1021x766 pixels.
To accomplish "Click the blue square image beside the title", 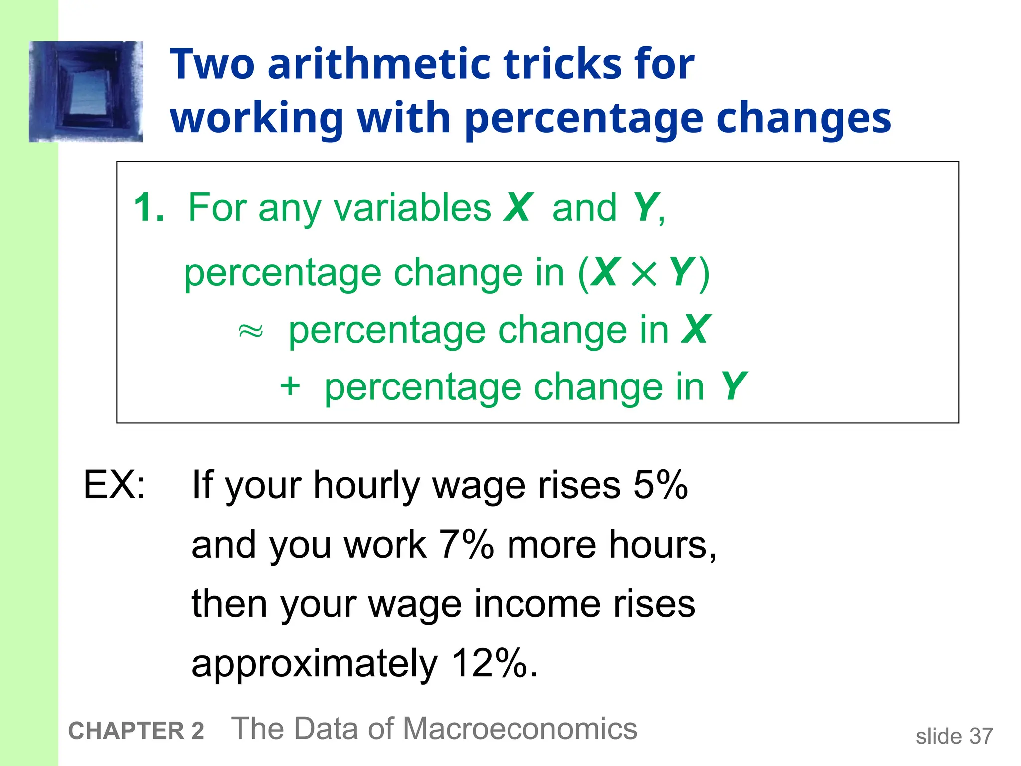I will tap(86, 92).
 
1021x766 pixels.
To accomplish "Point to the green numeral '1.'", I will tap(149, 208).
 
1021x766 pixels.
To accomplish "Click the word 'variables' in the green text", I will tap(412, 208).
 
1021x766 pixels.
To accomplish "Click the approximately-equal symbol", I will tap(251, 331).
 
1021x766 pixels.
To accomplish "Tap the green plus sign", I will tap(290, 387).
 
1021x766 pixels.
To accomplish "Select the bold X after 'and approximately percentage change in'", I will tap(695, 330).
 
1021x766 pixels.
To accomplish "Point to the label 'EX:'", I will tap(114, 485).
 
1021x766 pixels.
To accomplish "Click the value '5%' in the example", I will tap(661, 485).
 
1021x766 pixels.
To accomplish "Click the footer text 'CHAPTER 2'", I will tap(136, 731).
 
